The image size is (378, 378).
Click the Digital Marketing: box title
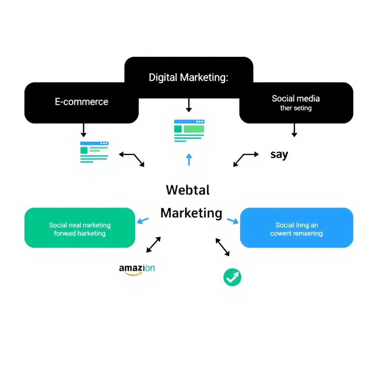click(x=189, y=78)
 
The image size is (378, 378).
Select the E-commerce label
click(x=82, y=102)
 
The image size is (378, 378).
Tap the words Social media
click(x=296, y=99)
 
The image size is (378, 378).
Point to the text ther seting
click(x=296, y=108)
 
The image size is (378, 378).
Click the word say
click(x=279, y=154)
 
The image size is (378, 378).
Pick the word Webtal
click(x=188, y=190)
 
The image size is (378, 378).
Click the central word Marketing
click(x=191, y=213)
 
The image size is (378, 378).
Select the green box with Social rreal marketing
click(x=80, y=228)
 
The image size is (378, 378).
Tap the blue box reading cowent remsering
click(x=296, y=228)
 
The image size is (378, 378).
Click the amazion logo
click(x=137, y=268)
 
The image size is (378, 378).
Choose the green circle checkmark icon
click(x=232, y=277)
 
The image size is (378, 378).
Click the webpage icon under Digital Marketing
click(x=189, y=130)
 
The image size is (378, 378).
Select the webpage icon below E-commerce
click(x=94, y=152)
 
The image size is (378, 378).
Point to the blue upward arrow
click(x=189, y=159)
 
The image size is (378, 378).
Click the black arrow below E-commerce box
click(x=83, y=130)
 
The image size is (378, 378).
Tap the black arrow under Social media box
click(x=294, y=130)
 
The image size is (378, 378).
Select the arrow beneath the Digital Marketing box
click(x=189, y=105)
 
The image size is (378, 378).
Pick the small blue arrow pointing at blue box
click(x=233, y=221)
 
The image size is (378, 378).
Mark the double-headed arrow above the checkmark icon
click(x=223, y=247)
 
